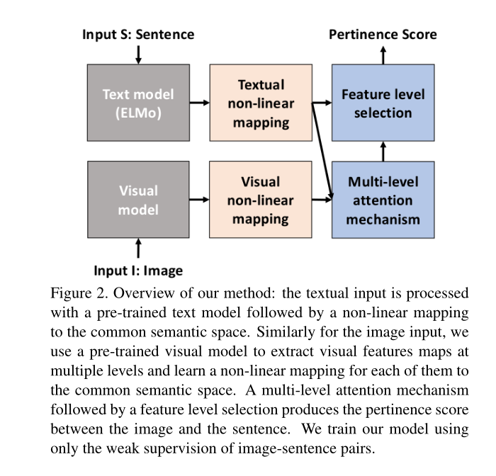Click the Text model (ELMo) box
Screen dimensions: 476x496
138,103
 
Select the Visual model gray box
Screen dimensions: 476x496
138,199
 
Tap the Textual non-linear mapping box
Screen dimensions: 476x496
260,103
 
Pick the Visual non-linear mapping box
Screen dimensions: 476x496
260,199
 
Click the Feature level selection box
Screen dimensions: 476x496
383,103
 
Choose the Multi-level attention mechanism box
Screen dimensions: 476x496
383,199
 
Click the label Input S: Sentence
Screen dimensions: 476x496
138,34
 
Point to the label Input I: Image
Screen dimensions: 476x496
138,270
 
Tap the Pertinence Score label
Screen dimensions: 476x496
383,34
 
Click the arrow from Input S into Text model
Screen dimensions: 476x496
138,53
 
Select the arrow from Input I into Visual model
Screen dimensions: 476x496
138,248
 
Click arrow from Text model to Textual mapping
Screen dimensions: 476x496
200,103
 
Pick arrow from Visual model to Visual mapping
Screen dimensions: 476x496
200,199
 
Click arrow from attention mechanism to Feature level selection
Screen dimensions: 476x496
383,151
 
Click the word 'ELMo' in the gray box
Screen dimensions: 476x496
138,112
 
